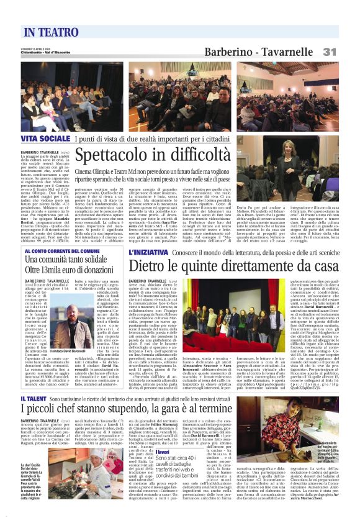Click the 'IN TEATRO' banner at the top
[x=52, y=31]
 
